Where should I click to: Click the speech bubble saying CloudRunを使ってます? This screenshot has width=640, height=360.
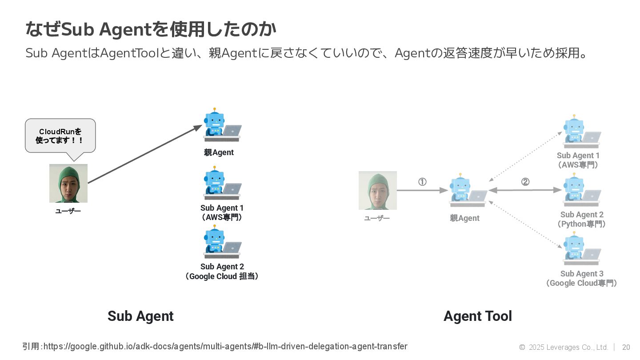click(60, 136)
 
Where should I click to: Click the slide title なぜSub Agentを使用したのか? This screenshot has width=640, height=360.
click(151, 30)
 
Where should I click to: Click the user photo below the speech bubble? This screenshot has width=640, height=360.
click(68, 183)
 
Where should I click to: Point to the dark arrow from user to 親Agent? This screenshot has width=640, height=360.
click(145, 154)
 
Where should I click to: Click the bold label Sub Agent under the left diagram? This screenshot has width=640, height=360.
click(140, 316)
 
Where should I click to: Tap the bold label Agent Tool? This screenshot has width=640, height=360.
click(478, 316)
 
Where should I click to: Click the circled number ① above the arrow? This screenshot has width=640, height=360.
click(422, 182)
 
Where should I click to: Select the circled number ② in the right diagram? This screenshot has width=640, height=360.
click(525, 182)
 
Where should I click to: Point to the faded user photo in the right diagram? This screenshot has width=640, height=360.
click(378, 190)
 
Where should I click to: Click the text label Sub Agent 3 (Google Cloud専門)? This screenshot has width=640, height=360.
click(582, 278)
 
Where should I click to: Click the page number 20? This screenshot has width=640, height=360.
click(626, 347)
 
